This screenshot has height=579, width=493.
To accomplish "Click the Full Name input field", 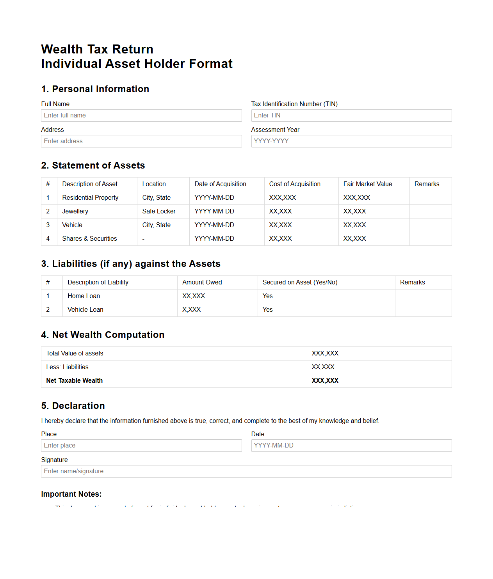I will tap(141, 115).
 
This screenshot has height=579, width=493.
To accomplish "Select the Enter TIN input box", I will tap(351, 115).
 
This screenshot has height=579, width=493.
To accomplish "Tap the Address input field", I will tap(141, 141).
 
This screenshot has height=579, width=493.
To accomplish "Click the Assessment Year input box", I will tap(351, 141).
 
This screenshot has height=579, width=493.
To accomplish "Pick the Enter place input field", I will tap(141, 446).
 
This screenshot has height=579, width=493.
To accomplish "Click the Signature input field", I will tap(246, 471).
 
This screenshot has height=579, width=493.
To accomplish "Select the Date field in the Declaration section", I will tap(351, 446).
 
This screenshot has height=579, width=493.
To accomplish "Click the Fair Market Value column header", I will tap(368, 184).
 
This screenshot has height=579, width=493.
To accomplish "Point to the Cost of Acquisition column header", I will tap(295, 184).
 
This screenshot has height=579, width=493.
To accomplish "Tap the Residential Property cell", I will tap(90, 198).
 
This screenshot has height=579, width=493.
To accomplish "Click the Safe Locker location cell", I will tap(159, 211).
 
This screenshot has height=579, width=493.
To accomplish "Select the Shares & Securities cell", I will tap(89, 239).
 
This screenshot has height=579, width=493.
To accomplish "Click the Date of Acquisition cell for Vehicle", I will tap(214, 225).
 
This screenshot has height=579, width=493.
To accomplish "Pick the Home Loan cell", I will tap(84, 296).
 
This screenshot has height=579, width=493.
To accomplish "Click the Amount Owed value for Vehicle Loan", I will tap(191, 310).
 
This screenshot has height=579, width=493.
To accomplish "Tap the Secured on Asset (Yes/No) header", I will tap(300, 282).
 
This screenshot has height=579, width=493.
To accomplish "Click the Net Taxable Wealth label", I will tap(75, 381).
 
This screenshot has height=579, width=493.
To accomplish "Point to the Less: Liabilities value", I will tap(323, 367).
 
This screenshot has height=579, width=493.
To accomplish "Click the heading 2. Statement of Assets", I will tap(93, 165).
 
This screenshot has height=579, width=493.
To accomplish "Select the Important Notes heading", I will tap(71, 494).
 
